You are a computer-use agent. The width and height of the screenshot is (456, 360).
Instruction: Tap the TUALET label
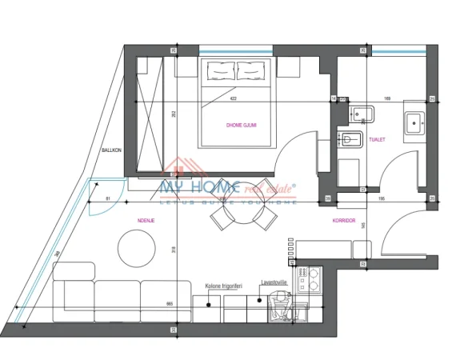[378, 139]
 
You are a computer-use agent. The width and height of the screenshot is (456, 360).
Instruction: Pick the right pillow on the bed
[250, 73]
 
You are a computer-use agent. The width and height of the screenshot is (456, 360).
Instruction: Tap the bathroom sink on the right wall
[415, 122]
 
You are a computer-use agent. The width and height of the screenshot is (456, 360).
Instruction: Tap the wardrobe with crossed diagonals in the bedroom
[151, 112]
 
